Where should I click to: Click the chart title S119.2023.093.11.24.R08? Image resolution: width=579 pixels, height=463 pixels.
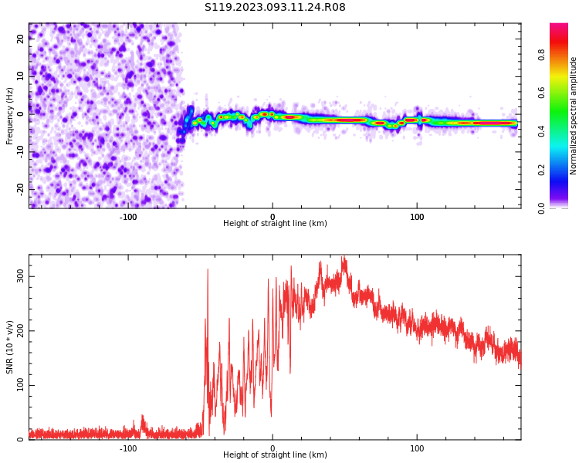275,7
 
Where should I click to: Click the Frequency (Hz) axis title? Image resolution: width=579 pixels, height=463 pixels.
10,116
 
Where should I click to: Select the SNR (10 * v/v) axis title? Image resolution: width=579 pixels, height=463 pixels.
10,346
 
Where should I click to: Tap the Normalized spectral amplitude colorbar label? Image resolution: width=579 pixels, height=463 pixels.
574,116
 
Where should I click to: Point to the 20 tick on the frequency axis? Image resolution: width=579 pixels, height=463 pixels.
21,39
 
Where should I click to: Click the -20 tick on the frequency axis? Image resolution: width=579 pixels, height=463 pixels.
19,188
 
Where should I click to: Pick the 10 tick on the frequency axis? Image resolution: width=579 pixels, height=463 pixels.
21,76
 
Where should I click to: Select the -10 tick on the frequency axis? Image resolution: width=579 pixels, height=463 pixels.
19,151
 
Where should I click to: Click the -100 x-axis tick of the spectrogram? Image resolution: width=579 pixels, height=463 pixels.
128,217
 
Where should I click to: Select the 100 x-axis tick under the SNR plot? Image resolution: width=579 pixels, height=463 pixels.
417,448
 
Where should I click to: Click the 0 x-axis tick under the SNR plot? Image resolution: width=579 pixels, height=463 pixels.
273,448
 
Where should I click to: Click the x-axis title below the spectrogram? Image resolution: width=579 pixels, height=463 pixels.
275,224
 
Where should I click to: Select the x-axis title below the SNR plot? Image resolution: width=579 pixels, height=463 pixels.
275,455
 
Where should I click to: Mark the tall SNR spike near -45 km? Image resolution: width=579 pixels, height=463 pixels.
208,270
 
